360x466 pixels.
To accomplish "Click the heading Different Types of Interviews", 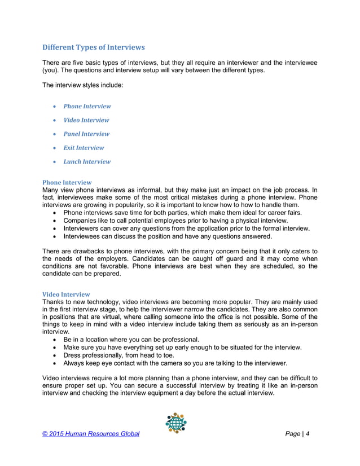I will (x=94, y=47).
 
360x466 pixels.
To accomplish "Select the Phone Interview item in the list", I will (x=87, y=106).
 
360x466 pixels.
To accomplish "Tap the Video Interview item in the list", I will (x=86, y=120).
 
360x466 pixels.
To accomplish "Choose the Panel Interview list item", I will (x=86, y=134).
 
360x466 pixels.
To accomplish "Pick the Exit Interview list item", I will (x=84, y=148).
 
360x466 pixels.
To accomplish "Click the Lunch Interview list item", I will (x=87, y=161).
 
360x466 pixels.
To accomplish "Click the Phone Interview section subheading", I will (x=67, y=183).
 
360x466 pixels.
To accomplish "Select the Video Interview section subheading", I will (x=66, y=294).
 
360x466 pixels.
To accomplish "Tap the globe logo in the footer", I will (x=176, y=423).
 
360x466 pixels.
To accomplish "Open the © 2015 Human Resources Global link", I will (x=91, y=433).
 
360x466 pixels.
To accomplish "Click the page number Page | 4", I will (x=298, y=433).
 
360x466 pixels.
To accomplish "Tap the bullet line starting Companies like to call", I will (x=175, y=221).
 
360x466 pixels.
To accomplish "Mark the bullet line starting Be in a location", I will (x=131, y=340).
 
